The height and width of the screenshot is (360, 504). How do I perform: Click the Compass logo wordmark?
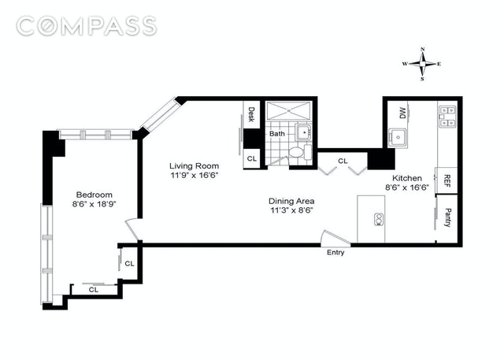(x=87, y=26)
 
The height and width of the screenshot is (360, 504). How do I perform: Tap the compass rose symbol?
(x=422, y=64)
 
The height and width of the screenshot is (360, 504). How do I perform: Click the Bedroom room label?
(x=94, y=195)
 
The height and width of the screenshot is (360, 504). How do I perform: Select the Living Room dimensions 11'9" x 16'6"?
(x=195, y=176)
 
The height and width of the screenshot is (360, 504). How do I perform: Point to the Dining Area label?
(x=291, y=201)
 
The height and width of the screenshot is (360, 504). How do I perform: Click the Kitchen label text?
(x=407, y=178)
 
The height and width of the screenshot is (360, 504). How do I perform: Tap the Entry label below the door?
(x=335, y=252)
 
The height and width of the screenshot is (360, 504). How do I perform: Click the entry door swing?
(x=335, y=238)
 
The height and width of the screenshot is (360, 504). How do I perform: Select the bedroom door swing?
(x=133, y=229)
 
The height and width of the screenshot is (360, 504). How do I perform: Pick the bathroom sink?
(x=304, y=132)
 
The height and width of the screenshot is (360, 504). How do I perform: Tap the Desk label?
(x=251, y=114)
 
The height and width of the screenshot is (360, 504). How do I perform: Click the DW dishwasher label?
(x=402, y=113)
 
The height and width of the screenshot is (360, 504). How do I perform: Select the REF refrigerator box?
(x=447, y=180)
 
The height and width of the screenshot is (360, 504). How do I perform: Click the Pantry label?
(x=447, y=217)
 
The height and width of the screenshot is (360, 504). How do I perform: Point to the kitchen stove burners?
(x=447, y=116)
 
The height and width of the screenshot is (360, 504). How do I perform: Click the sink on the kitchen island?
(x=378, y=220)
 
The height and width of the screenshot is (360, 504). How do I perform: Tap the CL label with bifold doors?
(x=343, y=161)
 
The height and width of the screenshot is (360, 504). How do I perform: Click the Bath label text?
(x=277, y=133)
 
